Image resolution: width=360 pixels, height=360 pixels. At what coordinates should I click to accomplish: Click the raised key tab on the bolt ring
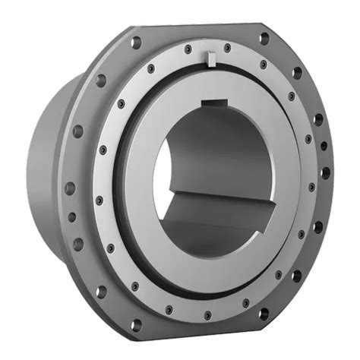pos(210,57)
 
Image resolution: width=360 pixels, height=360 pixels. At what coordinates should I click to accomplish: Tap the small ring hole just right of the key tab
pos(227,49)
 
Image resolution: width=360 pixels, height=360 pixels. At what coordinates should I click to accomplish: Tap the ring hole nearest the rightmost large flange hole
pos(311,187)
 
